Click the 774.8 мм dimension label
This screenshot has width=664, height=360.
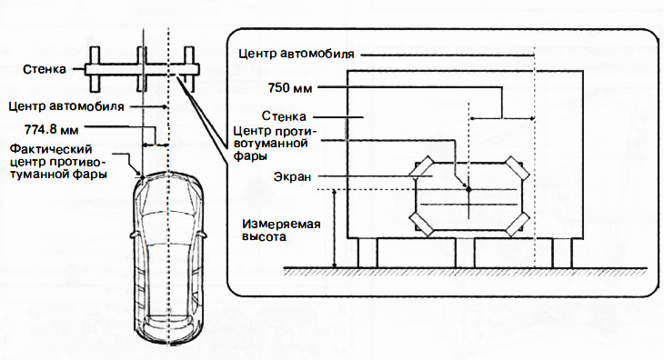click(x=51, y=129)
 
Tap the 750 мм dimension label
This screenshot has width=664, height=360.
click(x=290, y=88)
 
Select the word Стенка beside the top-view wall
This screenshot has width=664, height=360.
click(x=45, y=69)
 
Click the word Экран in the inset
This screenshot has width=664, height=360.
click(x=292, y=176)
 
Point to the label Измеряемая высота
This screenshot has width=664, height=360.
click(x=281, y=230)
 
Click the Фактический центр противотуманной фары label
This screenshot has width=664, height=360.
click(x=58, y=162)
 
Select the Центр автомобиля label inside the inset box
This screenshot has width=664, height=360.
click(x=296, y=55)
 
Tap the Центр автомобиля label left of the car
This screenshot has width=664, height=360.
click(x=66, y=105)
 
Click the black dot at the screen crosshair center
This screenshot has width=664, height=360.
click(x=468, y=189)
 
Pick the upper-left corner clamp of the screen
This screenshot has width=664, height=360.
click(x=420, y=167)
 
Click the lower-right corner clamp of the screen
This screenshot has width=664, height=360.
click(x=517, y=224)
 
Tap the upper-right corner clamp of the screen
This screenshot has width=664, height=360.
click(x=517, y=167)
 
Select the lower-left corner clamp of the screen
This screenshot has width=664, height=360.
click(x=421, y=224)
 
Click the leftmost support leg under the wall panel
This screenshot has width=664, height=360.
click(x=367, y=253)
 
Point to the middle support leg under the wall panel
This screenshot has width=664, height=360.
click(x=465, y=253)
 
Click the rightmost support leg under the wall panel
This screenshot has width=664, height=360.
click(x=562, y=253)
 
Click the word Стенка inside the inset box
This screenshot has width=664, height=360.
click(x=284, y=116)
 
